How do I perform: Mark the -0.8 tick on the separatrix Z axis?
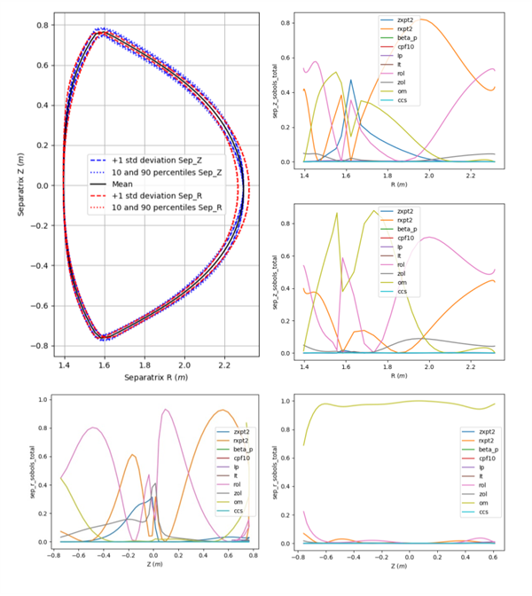tap(41, 346)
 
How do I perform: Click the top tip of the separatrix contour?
tap(104, 32)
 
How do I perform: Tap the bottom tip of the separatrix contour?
tap(104, 338)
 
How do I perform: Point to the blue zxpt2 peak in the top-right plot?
tap(351, 81)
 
